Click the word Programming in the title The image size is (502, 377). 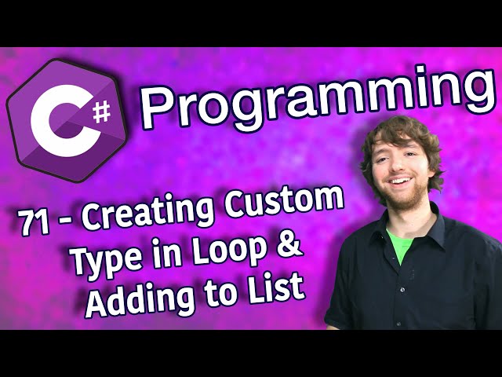click(x=317, y=96)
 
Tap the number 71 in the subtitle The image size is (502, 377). click(x=35, y=221)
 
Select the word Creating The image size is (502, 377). click(x=147, y=211)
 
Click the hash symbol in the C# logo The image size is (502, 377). click(x=102, y=113)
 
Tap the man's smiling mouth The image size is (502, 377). click(x=400, y=181)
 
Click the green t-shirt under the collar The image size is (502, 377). click(x=400, y=243)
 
